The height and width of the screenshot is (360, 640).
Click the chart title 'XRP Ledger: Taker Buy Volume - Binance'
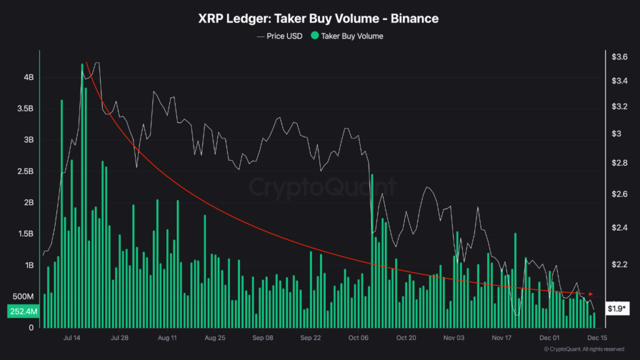[x=319, y=18]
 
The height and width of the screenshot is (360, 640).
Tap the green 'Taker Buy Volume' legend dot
[x=314, y=36]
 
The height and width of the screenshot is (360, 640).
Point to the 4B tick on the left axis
[x=29, y=77]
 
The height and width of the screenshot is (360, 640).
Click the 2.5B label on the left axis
[x=26, y=171]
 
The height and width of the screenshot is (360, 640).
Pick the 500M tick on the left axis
[x=24, y=296]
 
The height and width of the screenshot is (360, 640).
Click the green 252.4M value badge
[x=23, y=311]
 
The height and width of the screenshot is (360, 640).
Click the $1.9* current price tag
[x=617, y=308]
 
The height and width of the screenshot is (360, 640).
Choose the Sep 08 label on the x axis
[x=262, y=337]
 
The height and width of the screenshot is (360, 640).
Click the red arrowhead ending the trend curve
[x=591, y=294]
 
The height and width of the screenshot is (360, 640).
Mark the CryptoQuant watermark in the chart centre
[x=322, y=187]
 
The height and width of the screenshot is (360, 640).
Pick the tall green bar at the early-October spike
[x=372, y=250]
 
